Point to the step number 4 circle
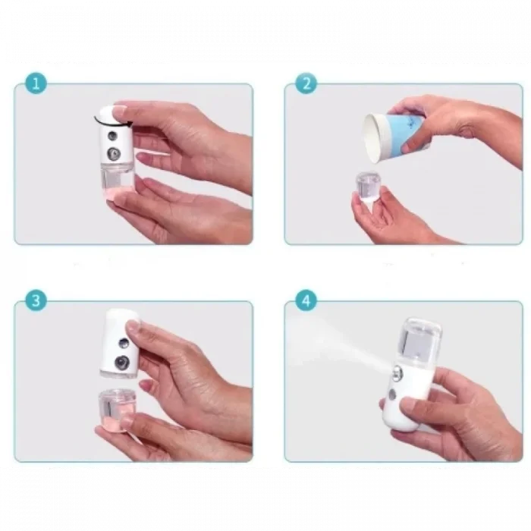[305, 300]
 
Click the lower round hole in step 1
[115, 153]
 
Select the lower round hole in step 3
[119, 362]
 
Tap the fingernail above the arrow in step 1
[115, 111]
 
